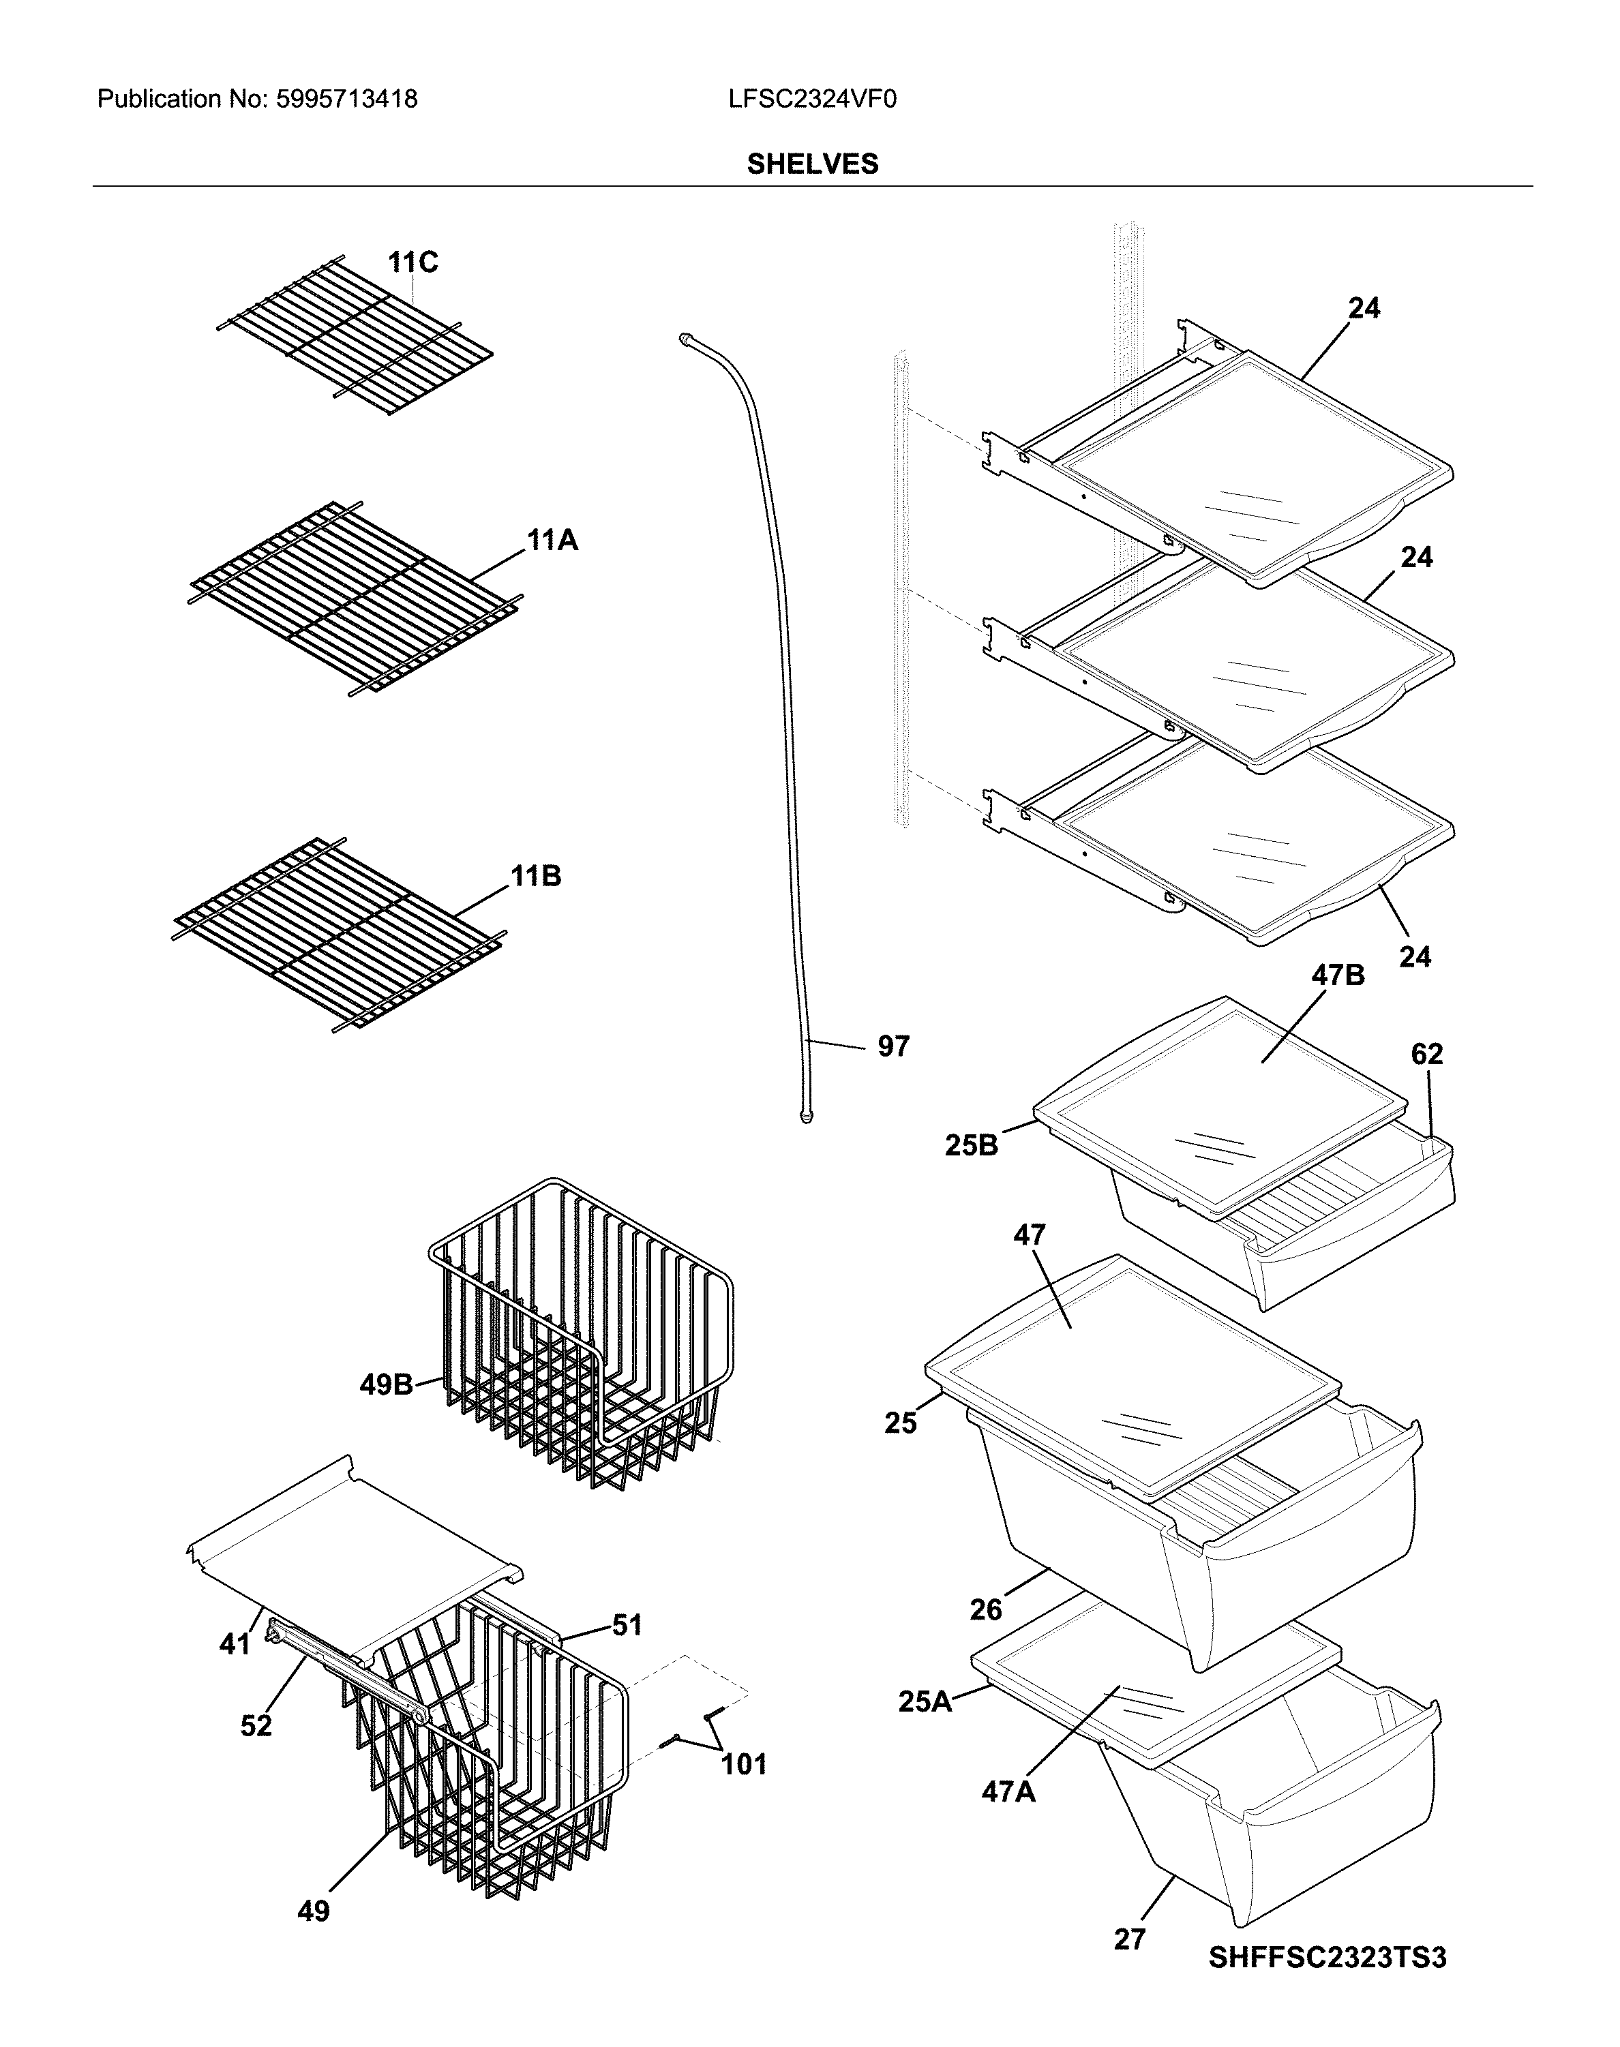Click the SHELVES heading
812,164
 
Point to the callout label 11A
552,541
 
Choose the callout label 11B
536,876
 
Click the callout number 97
892,1047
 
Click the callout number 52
256,1725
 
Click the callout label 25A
925,1702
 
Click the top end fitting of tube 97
686,339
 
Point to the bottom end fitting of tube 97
805,1119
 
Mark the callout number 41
235,1643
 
